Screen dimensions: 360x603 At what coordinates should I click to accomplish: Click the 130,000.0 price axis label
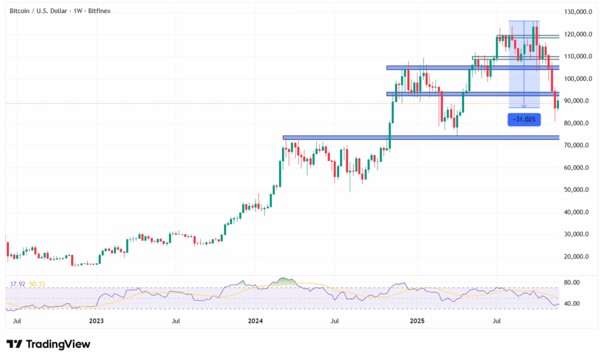tap(578, 12)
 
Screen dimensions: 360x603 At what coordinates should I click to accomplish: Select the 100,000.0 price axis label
tap(578, 79)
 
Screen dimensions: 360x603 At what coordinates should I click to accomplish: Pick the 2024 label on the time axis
tap(256, 321)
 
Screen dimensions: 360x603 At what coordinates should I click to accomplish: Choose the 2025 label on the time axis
tap(417, 321)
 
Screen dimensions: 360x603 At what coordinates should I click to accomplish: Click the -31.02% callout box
tap(524, 120)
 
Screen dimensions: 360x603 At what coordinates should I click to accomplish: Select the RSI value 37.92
tap(18, 284)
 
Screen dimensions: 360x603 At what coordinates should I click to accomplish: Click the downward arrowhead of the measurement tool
tap(524, 106)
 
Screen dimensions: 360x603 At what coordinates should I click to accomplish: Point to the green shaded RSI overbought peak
tap(286, 280)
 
